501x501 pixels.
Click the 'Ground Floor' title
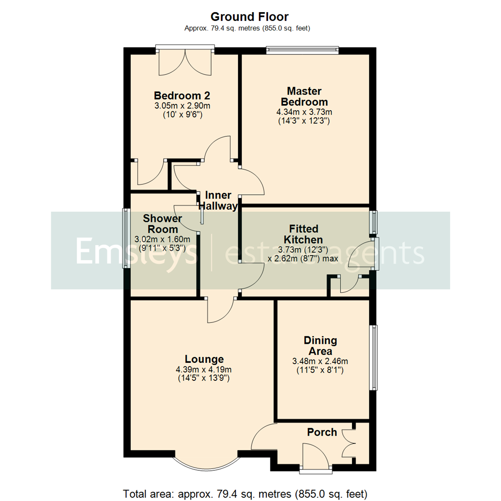(250, 17)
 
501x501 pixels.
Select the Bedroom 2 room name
(182, 96)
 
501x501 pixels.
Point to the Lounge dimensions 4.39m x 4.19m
(204, 370)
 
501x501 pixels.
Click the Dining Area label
(320, 346)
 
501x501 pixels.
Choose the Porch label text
(322, 432)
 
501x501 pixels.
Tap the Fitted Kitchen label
(304, 234)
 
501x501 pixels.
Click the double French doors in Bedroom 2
(186, 63)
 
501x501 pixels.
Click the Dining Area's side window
(373, 357)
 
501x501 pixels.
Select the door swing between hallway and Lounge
(220, 310)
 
